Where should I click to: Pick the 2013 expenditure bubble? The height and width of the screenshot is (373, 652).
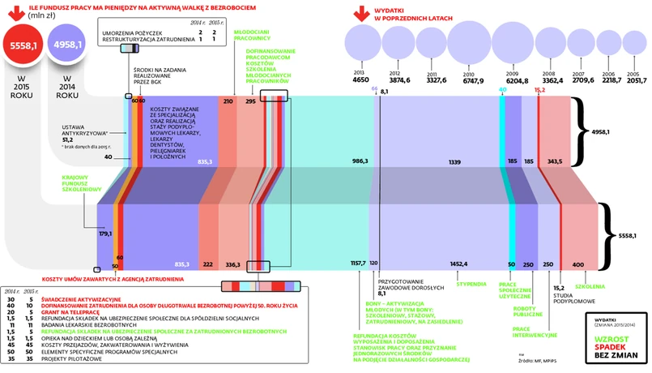point(361,44)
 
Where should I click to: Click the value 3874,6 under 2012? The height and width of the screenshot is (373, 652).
point(400,80)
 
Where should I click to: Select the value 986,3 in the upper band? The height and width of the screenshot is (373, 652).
point(360,161)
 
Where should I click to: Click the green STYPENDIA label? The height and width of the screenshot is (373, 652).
point(470,284)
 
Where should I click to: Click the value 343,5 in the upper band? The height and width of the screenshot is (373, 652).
point(555,161)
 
